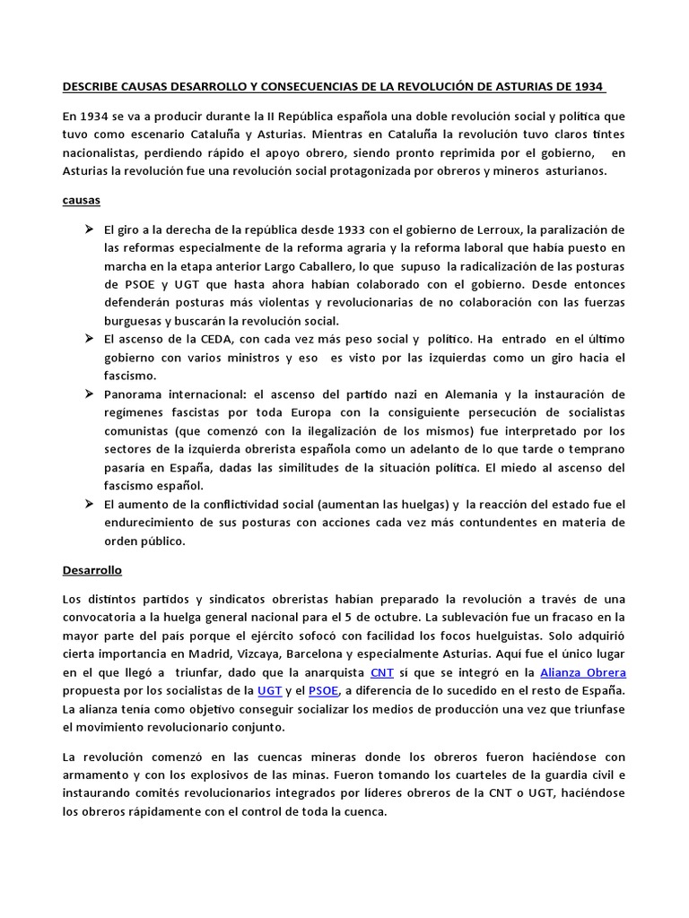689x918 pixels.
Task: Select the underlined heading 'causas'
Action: pyautogui.click(x=81, y=201)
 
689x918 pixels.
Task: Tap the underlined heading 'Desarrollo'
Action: pyautogui.click(x=92, y=569)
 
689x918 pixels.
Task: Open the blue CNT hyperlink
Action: pyautogui.click(x=381, y=671)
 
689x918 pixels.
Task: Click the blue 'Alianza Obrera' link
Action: pyautogui.click(x=582, y=671)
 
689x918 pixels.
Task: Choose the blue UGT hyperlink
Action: pyautogui.click(x=268, y=690)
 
